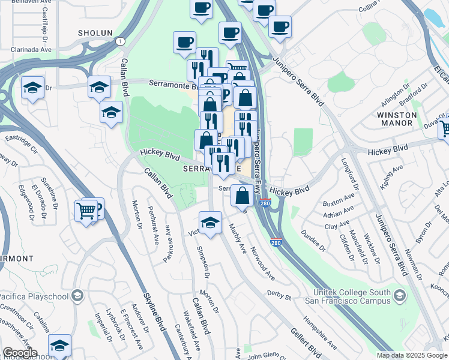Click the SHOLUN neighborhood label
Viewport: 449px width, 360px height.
click(95, 32)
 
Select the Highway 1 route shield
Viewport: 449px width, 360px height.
click(121, 40)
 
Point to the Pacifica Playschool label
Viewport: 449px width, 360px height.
click(34, 296)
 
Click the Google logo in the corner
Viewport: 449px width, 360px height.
click(20, 352)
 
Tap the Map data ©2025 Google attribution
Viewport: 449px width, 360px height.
click(412, 355)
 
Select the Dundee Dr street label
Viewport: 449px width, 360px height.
click(312, 239)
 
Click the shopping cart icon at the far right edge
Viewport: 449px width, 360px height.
click(445, 128)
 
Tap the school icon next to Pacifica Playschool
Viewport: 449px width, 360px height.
click(77, 295)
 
